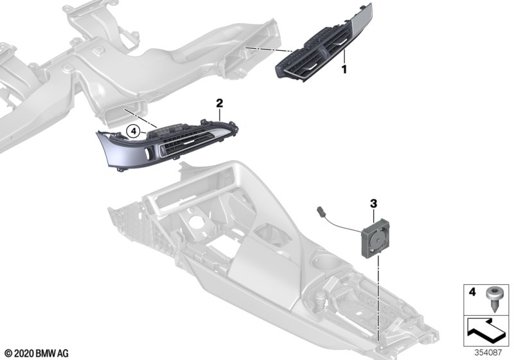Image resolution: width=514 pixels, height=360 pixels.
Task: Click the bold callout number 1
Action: pos(344,69)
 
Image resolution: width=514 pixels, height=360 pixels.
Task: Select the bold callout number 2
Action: pos(220,104)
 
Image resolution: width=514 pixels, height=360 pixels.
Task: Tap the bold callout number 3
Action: pos(373,204)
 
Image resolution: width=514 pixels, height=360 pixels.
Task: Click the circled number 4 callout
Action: pos(133,132)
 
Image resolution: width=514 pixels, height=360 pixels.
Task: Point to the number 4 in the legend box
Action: pos(472,291)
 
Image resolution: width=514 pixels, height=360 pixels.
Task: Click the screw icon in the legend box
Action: pos(492,297)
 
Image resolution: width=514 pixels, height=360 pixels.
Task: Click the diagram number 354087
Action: pos(488,352)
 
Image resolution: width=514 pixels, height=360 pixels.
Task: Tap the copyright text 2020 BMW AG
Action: pos(37,354)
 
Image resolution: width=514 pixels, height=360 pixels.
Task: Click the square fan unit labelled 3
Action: pos(375,237)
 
